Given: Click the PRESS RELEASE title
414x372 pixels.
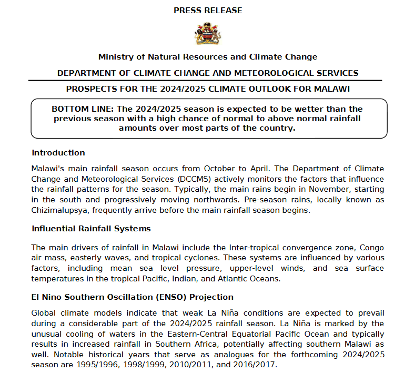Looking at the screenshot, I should (x=208, y=11).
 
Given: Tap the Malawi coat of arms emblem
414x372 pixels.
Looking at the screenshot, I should (x=208, y=34).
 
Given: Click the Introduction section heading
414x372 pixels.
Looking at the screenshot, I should (x=58, y=153).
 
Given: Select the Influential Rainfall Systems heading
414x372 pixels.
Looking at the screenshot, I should (x=91, y=229).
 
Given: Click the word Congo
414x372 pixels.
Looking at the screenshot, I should (x=372, y=247).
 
